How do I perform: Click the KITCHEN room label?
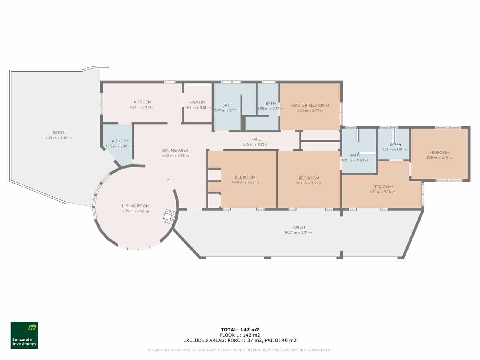(x=142, y=102)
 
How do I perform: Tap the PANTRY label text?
(x=198, y=102)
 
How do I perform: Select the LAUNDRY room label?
(x=119, y=141)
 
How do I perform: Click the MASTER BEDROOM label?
(x=310, y=105)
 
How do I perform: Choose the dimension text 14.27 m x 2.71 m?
(x=298, y=232)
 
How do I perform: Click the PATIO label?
(x=58, y=133)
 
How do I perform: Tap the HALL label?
(x=256, y=139)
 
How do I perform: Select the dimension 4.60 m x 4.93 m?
(x=175, y=156)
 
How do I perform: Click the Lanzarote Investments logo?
(x=25, y=335)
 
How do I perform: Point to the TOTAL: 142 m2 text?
(x=240, y=330)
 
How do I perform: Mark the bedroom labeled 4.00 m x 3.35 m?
(x=245, y=182)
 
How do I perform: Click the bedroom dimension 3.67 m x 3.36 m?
(x=309, y=183)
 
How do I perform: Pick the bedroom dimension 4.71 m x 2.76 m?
(x=382, y=192)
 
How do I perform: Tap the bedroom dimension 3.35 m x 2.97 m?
(x=439, y=157)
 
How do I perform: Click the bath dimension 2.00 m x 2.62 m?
(x=355, y=160)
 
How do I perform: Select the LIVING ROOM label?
(x=136, y=206)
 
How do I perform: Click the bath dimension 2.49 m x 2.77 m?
(x=227, y=110)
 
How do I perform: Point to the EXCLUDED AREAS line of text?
(x=240, y=340)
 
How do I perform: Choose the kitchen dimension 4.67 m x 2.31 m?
(x=142, y=107)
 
